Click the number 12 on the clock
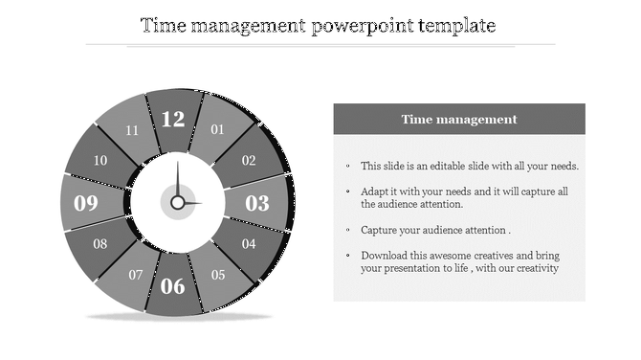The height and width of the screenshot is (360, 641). point(173,120)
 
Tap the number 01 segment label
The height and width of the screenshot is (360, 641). point(218,129)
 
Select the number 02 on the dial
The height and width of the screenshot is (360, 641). point(249,161)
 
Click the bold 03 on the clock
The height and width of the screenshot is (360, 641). point(258,203)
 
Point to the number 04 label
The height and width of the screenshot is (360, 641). point(249,244)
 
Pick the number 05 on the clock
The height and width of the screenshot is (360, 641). point(218,276)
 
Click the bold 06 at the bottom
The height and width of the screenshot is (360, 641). point(173,285)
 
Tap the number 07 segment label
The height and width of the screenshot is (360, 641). point(136,276)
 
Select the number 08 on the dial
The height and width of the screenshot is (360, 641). point(100,244)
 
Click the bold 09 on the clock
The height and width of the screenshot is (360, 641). point(87,203)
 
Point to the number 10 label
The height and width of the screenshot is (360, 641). point(100,161)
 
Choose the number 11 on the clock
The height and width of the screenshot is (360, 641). point(132,130)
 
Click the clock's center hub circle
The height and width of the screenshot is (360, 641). point(177,203)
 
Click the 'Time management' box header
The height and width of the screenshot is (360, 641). point(459,120)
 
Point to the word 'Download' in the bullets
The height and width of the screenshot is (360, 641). point(385,256)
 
